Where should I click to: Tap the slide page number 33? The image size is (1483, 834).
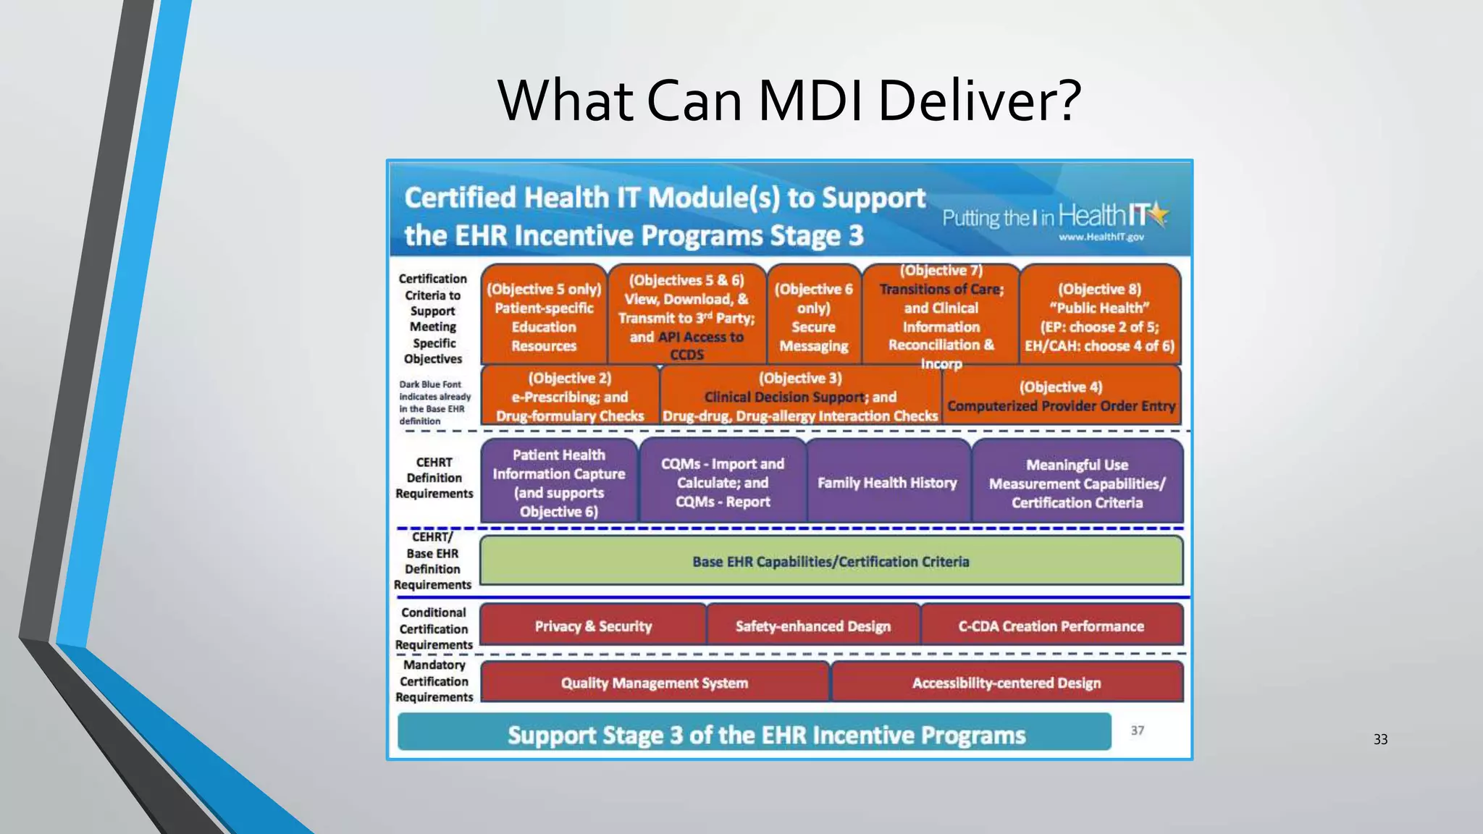[x=1380, y=739]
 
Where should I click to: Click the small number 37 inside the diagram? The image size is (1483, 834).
[x=1138, y=730]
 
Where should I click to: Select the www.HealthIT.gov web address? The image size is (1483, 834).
[x=1101, y=237]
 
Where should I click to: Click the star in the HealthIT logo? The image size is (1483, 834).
[x=1159, y=213]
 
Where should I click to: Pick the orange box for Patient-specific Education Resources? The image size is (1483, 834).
[x=544, y=316]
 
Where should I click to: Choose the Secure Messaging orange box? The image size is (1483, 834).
[x=813, y=316]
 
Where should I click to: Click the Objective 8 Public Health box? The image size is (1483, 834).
[x=1099, y=316]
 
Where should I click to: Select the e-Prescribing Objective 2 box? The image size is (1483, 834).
[x=570, y=396]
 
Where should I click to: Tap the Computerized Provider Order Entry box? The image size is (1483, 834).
[x=1061, y=396]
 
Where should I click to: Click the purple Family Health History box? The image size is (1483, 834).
[x=887, y=482]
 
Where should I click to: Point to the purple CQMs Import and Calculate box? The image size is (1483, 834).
[x=722, y=482]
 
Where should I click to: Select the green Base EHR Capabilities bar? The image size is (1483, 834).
[x=830, y=561]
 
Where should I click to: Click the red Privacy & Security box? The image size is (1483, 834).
[x=592, y=625]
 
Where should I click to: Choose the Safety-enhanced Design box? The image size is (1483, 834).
[x=812, y=625]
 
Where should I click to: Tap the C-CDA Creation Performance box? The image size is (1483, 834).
[x=1051, y=625]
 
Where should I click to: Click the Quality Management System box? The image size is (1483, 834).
[x=654, y=682]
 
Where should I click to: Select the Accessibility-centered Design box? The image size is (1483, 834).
[x=1007, y=682]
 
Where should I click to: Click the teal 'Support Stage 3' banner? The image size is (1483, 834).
[x=753, y=733]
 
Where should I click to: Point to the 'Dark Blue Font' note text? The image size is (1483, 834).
[x=434, y=403]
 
